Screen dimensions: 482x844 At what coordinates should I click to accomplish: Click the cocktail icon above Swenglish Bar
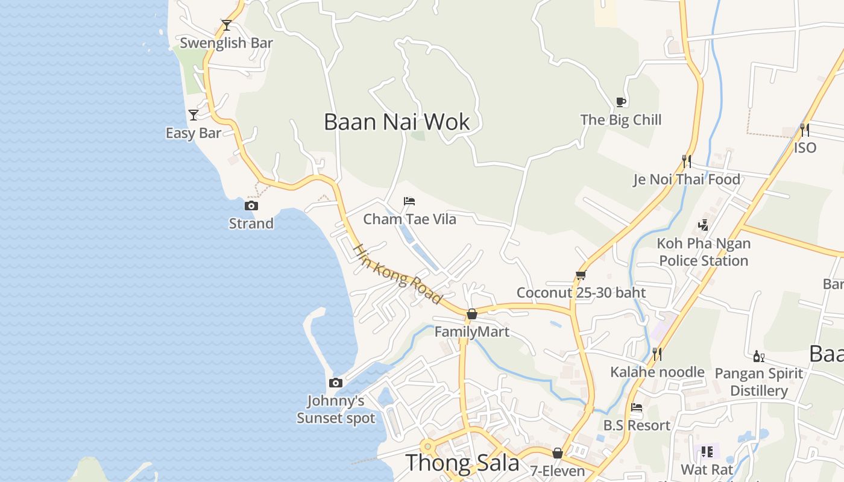click(x=227, y=25)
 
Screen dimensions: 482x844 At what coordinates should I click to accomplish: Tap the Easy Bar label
click(x=194, y=133)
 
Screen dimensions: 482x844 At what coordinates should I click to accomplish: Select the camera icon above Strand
click(x=251, y=206)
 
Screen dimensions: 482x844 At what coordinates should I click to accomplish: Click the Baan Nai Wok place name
click(x=397, y=122)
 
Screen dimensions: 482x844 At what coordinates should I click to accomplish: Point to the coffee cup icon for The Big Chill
click(x=620, y=102)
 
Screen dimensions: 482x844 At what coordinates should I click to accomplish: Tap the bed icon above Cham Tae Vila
click(x=409, y=201)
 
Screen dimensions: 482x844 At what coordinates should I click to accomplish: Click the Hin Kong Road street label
click(x=397, y=274)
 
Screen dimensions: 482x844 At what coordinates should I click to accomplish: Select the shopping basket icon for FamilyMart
click(x=472, y=314)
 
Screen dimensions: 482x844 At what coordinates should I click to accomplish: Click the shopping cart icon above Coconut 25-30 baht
click(x=581, y=275)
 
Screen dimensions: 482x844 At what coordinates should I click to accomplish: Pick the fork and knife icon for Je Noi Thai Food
click(x=686, y=161)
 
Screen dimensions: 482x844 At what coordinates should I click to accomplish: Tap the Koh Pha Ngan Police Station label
click(x=704, y=252)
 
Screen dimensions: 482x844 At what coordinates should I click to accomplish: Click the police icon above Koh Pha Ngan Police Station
click(x=703, y=225)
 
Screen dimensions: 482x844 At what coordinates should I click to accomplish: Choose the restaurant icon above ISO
click(x=804, y=130)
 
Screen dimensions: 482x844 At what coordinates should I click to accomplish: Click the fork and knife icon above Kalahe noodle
click(x=657, y=354)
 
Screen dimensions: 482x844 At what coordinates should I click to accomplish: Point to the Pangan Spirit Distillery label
click(x=758, y=382)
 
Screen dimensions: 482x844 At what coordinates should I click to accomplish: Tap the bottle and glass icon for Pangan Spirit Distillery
click(x=758, y=357)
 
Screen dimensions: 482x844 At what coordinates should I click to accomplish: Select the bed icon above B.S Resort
click(x=636, y=407)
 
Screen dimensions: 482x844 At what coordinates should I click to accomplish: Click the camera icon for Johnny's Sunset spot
click(x=336, y=383)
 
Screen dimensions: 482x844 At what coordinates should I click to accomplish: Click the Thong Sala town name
click(x=462, y=463)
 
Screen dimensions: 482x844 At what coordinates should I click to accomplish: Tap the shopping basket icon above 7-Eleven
click(x=558, y=453)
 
